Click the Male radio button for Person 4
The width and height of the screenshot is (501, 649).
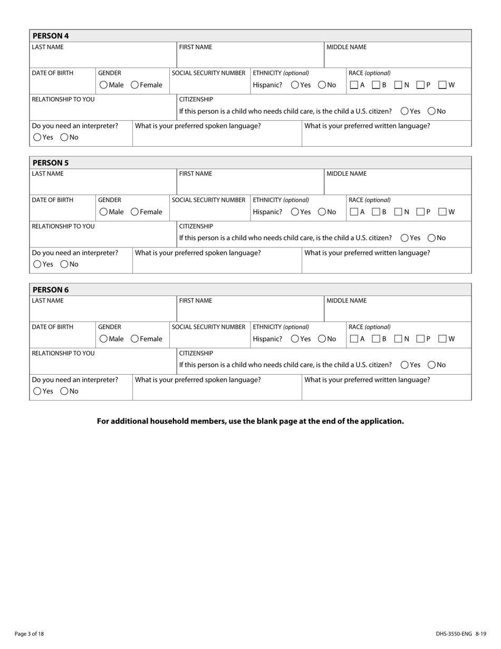click(104, 85)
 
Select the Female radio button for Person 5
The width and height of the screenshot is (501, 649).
click(135, 212)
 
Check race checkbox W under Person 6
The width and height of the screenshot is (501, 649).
click(442, 339)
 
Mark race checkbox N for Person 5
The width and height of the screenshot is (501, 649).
click(399, 212)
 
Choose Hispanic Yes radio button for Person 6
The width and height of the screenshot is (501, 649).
click(295, 339)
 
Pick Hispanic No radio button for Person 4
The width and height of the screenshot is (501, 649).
click(322, 85)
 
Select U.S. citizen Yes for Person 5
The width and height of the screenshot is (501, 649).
click(405, 238)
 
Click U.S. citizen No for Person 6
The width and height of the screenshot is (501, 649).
click(432, 365)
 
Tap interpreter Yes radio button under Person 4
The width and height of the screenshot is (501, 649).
click(37, 137)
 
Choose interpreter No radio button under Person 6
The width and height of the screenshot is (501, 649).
click(64, 391)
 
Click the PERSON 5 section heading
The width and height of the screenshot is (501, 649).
click(51, 163)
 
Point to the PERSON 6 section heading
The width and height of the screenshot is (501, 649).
click(51, 290)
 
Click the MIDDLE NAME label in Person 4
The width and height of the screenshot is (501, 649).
click(346, 47)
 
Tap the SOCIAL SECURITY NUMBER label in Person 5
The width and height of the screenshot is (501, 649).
click(209, 200)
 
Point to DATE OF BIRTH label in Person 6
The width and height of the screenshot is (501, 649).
click(53, 327)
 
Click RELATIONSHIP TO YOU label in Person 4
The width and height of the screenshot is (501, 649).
click(63, 99)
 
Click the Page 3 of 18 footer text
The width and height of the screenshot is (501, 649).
click(30, 634)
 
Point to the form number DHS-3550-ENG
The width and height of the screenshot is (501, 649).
click(454, 634)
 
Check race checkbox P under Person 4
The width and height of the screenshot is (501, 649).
click(420, 85)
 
